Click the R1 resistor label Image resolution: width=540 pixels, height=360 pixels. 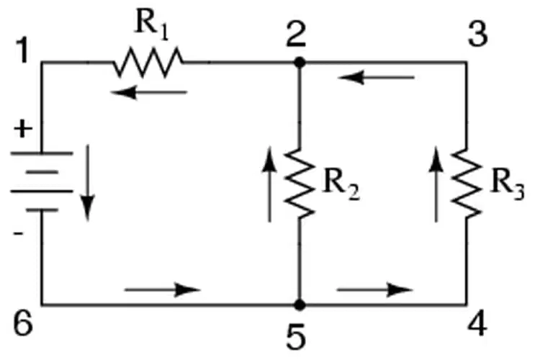pos(152,27)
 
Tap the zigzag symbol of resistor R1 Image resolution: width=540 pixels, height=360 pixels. pos(148,63)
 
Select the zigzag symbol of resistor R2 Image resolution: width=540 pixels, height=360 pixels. pos(300,184)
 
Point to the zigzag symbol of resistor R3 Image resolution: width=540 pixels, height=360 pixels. pos(467,184)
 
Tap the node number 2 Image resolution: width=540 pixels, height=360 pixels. pos(296,35)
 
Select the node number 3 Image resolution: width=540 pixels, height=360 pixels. pos(478,35)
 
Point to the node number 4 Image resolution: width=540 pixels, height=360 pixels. pos(477,325)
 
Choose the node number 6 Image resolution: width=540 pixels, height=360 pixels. pos(24,324)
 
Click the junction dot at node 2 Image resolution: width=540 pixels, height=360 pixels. pos(300,63)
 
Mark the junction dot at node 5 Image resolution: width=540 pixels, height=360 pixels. pos(300,305)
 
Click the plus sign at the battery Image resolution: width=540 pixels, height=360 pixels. pos(23,130)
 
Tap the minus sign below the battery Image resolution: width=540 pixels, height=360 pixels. pos(19,233)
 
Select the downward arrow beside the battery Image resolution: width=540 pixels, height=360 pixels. pos(87,183)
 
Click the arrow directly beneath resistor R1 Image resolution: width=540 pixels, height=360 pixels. pos(149,92)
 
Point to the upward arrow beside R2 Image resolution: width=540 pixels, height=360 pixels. pos(269,184)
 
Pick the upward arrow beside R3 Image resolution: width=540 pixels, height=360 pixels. pos(436,184)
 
